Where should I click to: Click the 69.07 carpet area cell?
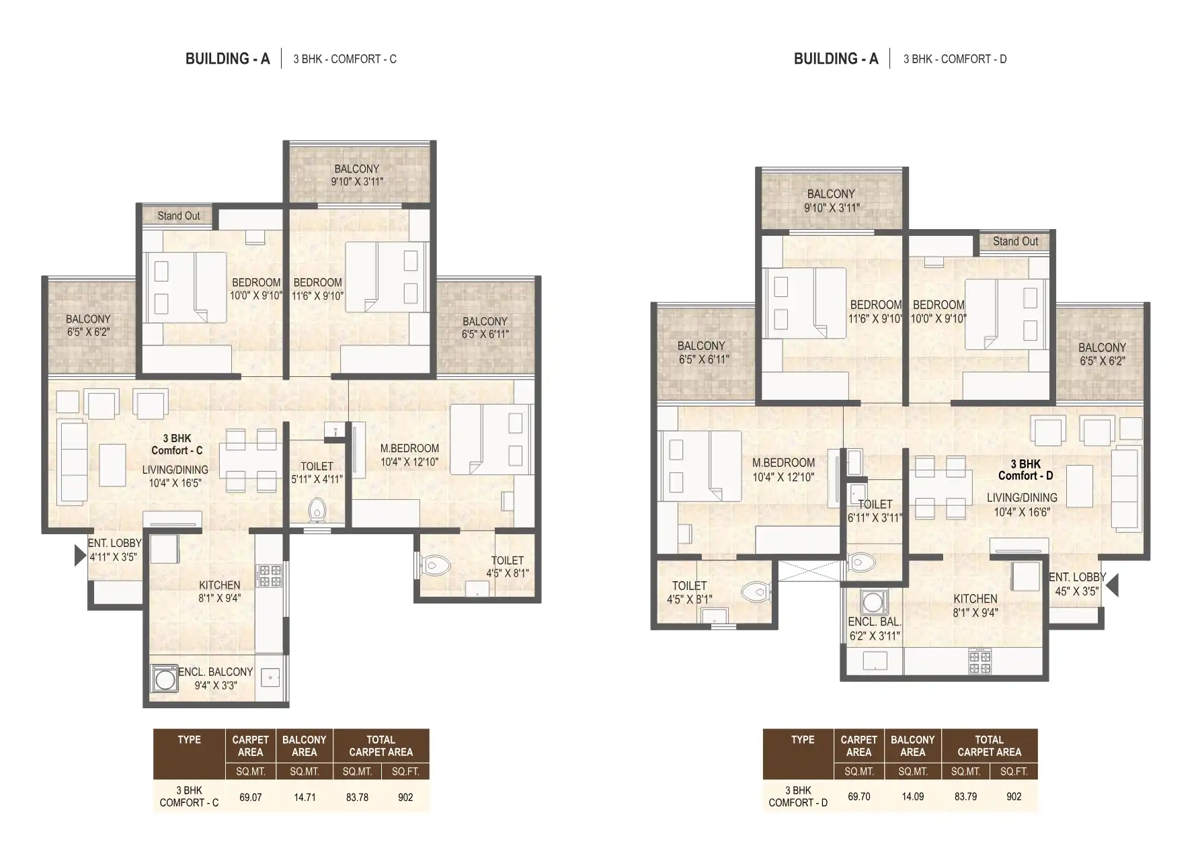click(x=250, y=798)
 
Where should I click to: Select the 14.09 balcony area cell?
click(x=912, y=796)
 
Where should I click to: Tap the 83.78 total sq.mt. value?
click(x=357, y=798)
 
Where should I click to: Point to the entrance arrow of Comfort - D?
click(x=1113, y=585)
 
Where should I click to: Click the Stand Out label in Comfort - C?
click(x=178, y=216)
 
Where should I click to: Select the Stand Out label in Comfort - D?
click(x=1015, y=241)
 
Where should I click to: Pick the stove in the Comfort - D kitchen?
click(x=979, y=663)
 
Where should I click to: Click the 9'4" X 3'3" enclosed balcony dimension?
click(x=215, y=685)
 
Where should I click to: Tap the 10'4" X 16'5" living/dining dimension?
click(x=175, y=482)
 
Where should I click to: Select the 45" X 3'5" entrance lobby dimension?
click(x=1077, y=591)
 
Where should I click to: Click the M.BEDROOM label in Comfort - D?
click(x=783, y=462)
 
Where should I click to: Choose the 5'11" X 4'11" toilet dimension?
click(x=317, y=479)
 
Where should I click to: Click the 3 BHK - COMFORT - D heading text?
click(x=955, y=59)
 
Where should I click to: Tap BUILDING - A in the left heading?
click(x=227, y=59)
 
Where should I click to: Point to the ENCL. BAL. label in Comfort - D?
click(x=875, y=622)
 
